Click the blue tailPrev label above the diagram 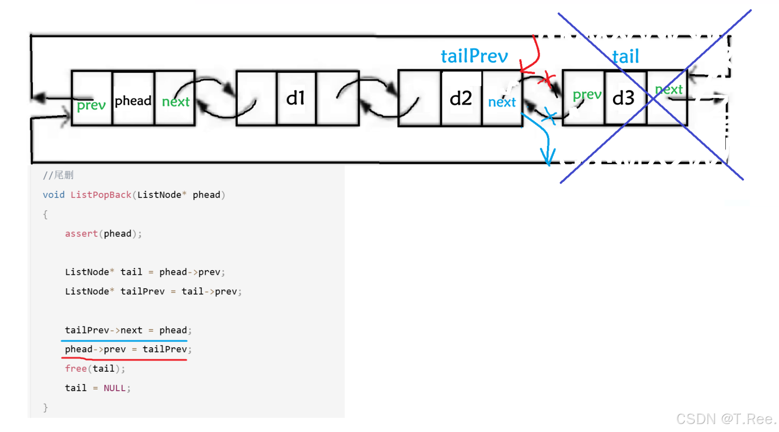pyautogui.click(x=474, y=56)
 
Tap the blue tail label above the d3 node pyautogui.click(x=626, y=57)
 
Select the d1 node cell pyautogui.click(x=295, y=98)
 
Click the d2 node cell pyautogui.click(x=460, y=98)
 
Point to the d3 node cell pyautogui.click(x=623, y=98)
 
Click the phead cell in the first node pyautogui.click(x=133, y=101)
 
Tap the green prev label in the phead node pyautogui.click(x=91, y=105)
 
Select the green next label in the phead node pyautogui.click(x=176, y=102)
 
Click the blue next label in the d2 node pyautogui.click(x=502, y=102)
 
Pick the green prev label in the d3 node pyautogui.click(x=586, y=95)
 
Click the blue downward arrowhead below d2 pyautogui.click(x=548, y=157)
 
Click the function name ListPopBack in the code pyautogui.click(x=101, y=195)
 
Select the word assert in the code pyautogui.click(x=81, y=234)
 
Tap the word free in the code pyautogui.click(x=76, y=369)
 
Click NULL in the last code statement pyautogui.click(x=114, y=388)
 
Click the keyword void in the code pyautogui.click(x=54, y=195)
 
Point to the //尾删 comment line pyautogui.click(x=58, y=175)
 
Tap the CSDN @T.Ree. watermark pyautogui.click(x=726, y=419)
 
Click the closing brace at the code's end pyautogui.click(x=45, y=408)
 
